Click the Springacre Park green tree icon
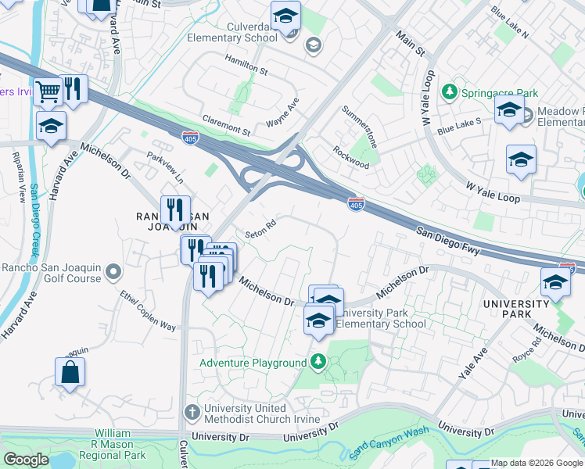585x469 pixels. pos(450,92)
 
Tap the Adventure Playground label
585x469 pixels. pos(253,363)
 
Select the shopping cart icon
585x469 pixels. pos(48,91)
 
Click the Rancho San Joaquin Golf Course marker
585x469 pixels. pos(113,272)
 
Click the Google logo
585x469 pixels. pos(26,460)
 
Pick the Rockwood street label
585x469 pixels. pos(351,158)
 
